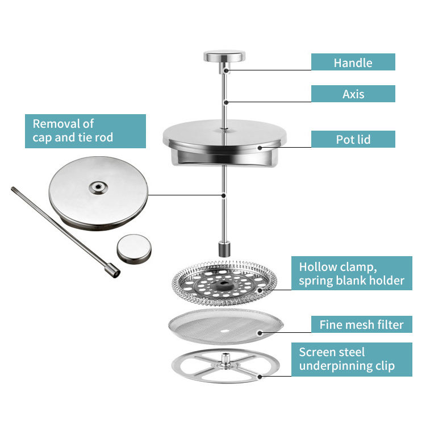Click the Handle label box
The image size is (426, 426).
coord(353,62)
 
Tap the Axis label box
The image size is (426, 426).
coord(353,94)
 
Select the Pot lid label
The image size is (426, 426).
coord(353,139)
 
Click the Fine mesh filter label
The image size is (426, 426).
coord(361,324)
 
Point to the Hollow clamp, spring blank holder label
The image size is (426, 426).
coord(352,273)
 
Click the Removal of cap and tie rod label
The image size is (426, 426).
coord(85,131)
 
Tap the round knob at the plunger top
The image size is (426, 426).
coord(224,57)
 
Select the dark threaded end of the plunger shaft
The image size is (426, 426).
coord(225,249)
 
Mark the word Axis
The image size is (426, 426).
coord(353,94)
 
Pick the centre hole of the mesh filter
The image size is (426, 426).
coord(226,330)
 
